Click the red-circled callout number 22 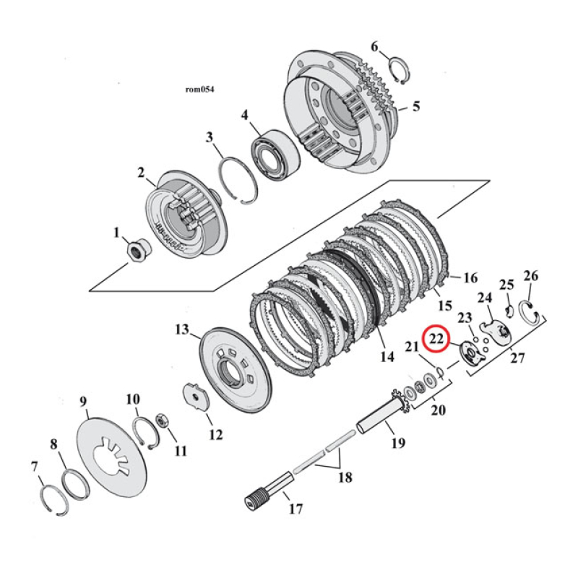click(x=436, y=337)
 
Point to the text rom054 click(x=200, y=90)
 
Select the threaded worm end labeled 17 click(x=254, y=499)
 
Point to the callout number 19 click(x=398, y=442)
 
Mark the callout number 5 click(x=415, y=107)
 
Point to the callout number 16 click(x=470, y=278)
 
